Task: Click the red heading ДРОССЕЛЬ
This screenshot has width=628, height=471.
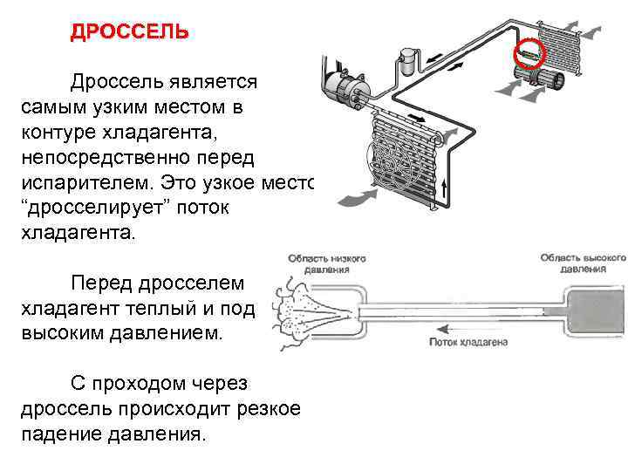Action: [x=128, y=32]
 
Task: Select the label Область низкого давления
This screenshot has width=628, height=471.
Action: [x=327, y=264]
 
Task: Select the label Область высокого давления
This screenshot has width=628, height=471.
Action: [x=584, y=263]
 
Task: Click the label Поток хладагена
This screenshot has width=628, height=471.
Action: [x=468, y=343]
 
